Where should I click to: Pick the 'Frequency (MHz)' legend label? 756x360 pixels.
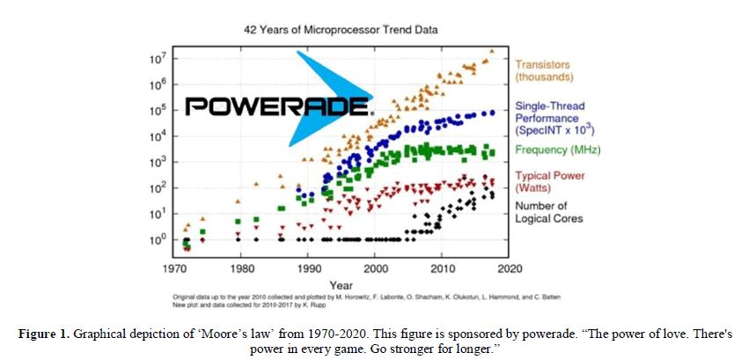coord(557,151)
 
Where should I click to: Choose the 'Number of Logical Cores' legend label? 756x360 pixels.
coord(548,212)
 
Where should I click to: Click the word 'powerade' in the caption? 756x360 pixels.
coord(519,333)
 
